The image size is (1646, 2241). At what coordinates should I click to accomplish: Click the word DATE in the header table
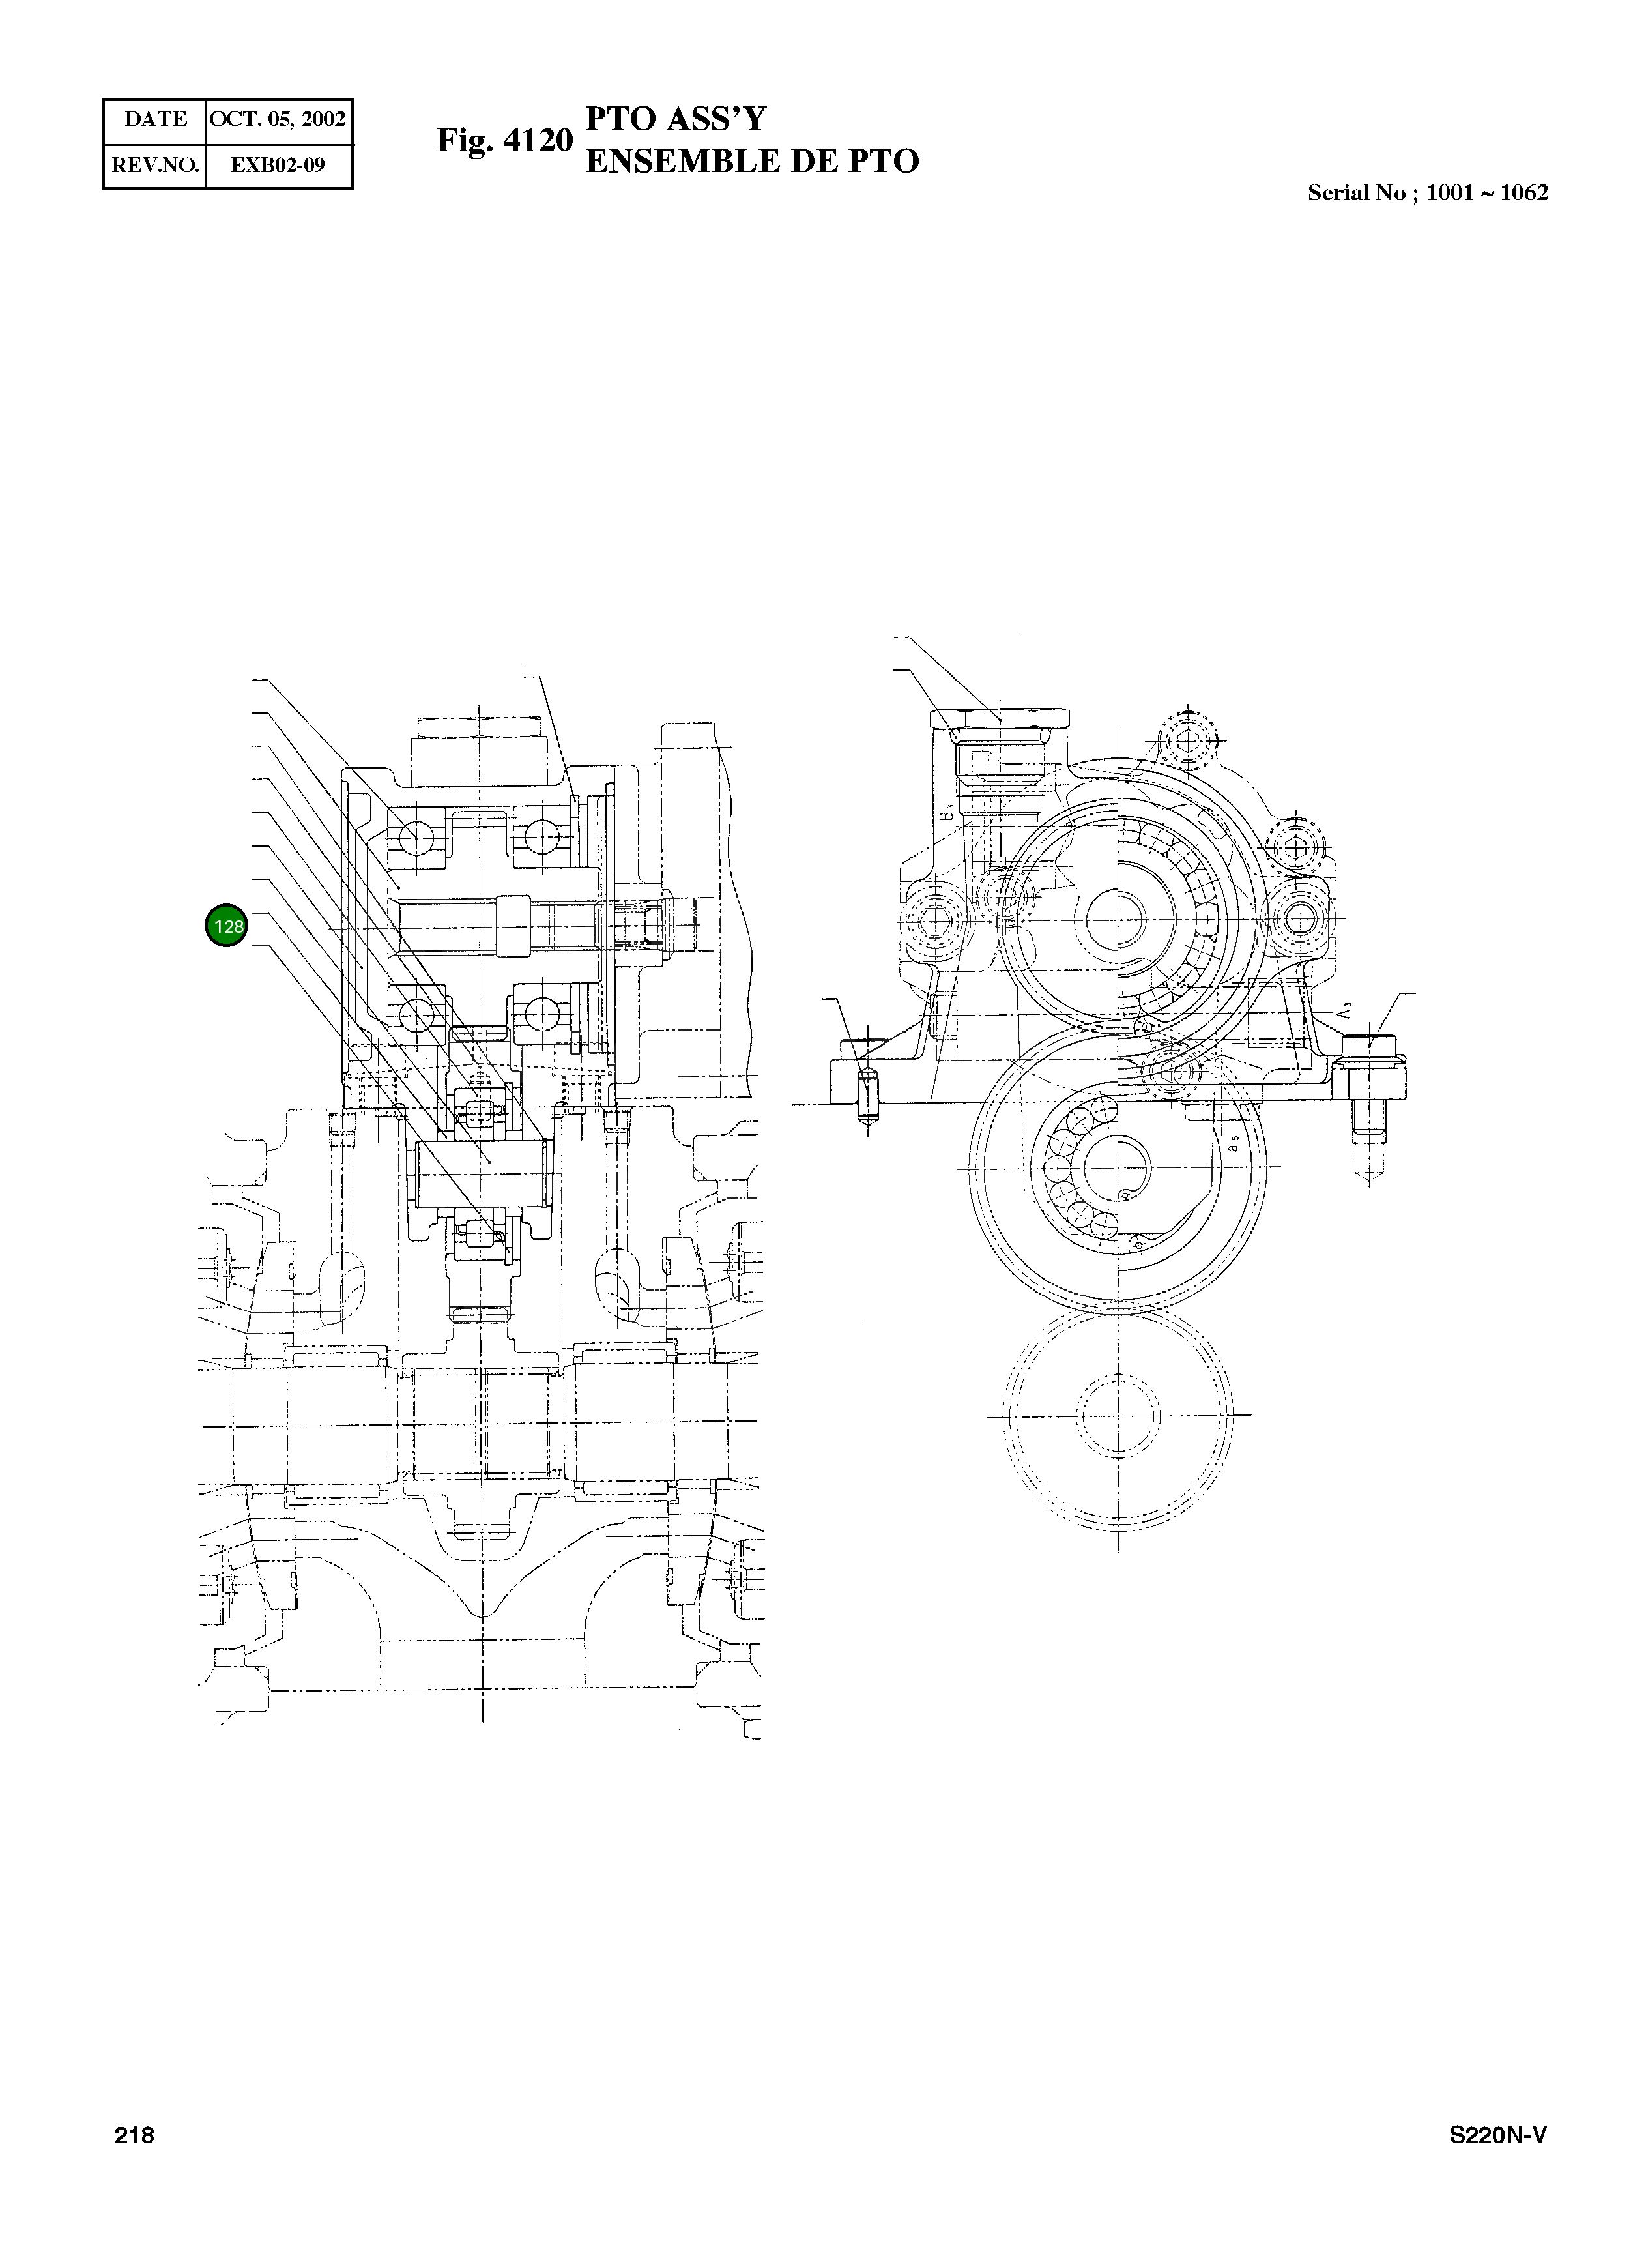click(156, 119)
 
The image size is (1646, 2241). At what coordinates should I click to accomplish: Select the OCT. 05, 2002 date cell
click(278, 119)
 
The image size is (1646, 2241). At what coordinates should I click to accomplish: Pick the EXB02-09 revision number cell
click(278, 166)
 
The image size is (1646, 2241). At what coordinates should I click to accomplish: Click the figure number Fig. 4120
click(505, 141)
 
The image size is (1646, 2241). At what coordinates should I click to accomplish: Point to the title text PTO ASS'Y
click(676, 119)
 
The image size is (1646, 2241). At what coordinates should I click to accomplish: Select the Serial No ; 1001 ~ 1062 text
click(1427, 194)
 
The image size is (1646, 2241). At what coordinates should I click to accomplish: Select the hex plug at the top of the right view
click(1000, 720)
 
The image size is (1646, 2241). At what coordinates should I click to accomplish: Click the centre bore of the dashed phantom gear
click(1117, 1415)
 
